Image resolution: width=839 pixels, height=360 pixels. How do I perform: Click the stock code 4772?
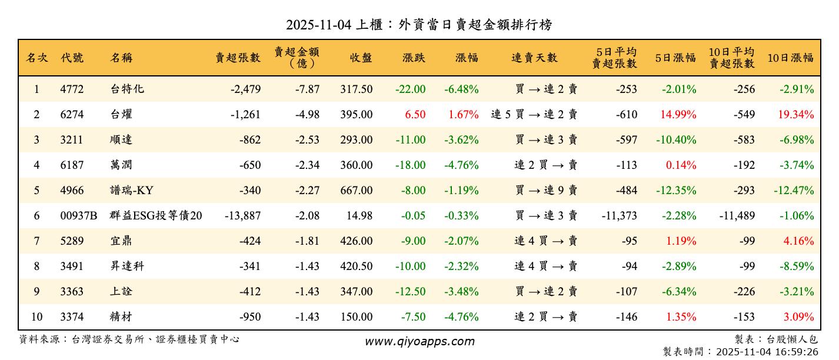pos(72,89)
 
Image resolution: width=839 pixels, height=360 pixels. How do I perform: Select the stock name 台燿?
pos(121,115)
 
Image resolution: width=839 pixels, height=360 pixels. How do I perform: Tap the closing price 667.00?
pos(356,191)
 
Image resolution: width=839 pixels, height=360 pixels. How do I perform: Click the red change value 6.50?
pos(415,115)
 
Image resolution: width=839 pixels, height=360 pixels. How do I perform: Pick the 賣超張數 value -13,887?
pos(242,216)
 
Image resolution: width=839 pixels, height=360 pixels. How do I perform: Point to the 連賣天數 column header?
pos(534,58)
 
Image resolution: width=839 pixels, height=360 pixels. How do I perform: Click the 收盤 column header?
pos(361,58)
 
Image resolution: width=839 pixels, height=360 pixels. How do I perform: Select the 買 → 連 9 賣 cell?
pos(546,191)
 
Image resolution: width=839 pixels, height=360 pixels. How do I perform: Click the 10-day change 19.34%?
pos(795,115)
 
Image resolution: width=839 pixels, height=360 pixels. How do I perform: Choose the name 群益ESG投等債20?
pos(156,216)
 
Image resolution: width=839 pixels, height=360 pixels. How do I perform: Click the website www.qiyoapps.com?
pos(419,341)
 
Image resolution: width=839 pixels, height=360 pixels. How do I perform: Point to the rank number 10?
pos(36,317)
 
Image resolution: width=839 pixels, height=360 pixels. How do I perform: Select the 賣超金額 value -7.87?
pos(308,89)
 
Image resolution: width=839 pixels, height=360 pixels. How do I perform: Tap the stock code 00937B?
pos(79,216)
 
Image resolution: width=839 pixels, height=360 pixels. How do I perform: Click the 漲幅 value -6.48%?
pos(461,89)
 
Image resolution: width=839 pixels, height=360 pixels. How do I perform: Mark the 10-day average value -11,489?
pos(737,216)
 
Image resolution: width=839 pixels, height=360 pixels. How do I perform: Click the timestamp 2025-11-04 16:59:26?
pos(766,352)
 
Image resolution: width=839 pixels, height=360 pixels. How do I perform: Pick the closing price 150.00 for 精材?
pos(356,317)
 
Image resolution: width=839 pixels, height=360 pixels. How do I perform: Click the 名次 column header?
pos(36,58)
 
